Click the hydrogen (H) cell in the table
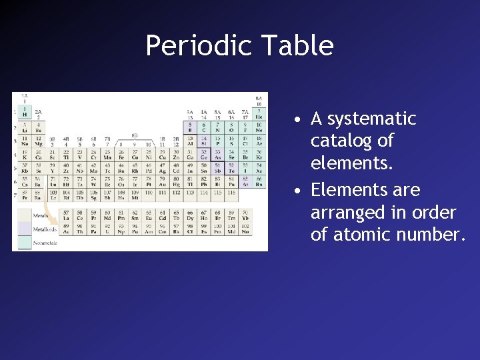(x=25, y=111)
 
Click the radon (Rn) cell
(x=259, y=181)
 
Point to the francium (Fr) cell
(x=25, y=195)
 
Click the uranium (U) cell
(x=93, y=230)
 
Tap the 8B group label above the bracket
(x=134, y=135)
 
